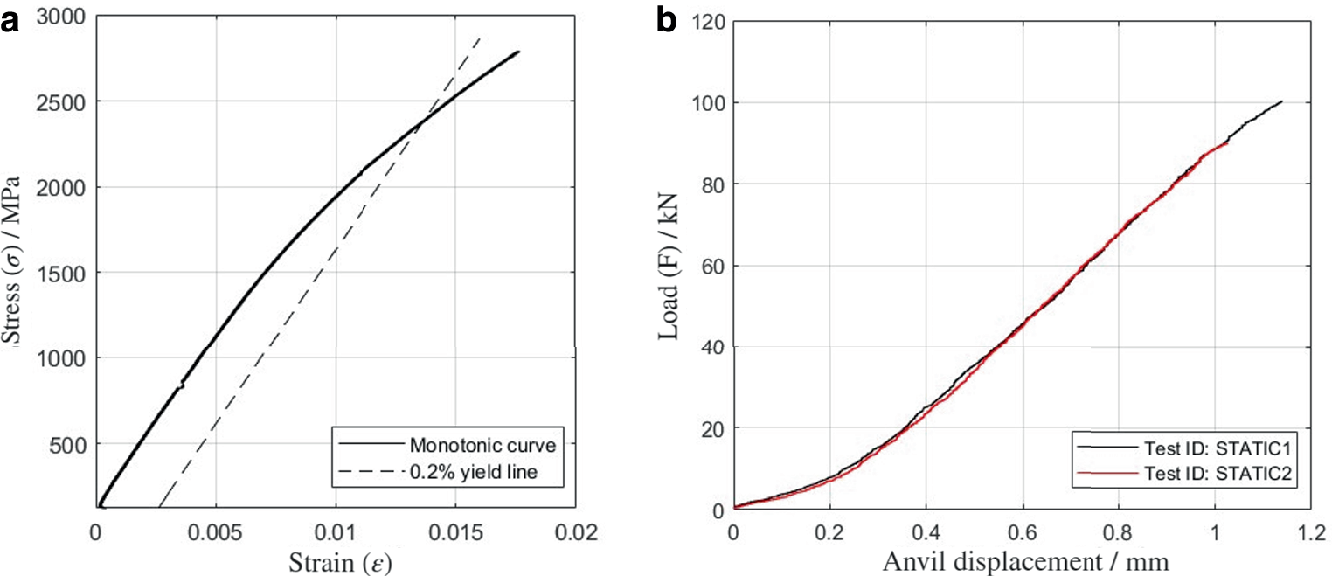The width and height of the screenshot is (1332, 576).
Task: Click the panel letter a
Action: coord(10,22)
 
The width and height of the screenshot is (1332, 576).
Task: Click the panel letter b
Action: coord(667,21)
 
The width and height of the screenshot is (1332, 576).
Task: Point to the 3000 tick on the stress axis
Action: coord(61,17)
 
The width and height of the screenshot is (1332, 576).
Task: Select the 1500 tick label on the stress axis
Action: coord(61,273)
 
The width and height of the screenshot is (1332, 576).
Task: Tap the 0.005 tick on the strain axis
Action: coord(215,532)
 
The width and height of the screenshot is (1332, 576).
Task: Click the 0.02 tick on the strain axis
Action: coord(576,532)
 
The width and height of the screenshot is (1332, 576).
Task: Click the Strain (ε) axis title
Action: coord(340,562)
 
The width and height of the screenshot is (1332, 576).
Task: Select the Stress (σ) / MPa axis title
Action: coord(12,260)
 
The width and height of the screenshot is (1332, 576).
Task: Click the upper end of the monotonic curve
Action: coord(519,52)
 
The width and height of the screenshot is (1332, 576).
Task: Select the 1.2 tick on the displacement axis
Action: coord(1311,532)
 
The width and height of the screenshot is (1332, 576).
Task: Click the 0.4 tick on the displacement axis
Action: coord(926,532)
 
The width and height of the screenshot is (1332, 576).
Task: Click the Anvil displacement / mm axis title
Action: coord(1026,560)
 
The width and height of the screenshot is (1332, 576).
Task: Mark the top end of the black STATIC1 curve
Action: coord(1281,101)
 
